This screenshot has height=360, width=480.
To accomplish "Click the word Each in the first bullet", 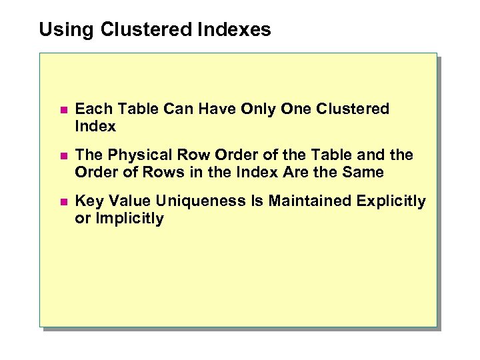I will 91,109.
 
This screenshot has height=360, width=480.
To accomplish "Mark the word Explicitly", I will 393,201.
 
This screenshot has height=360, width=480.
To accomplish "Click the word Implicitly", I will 128,219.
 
